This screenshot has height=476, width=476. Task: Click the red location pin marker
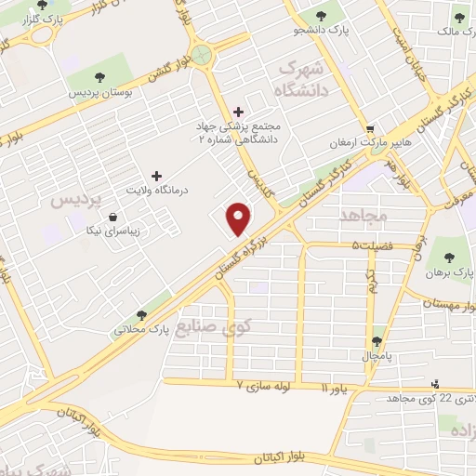tap(240, 218)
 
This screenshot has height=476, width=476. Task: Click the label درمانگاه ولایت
tap(157, 190)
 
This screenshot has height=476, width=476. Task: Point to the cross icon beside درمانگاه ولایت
tap(156, 175)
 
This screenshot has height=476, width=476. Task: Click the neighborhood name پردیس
tap(73, 199)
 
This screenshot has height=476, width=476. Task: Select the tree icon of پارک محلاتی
tap(141, 315)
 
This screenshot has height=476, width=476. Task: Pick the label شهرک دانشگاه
tap(304, 82)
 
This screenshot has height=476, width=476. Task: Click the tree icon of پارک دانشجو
tap(322, 16)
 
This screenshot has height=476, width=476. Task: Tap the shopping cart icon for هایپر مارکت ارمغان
tap(371, 128)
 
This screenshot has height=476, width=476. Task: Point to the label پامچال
tap(377, 355)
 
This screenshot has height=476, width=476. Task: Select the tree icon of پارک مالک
tap(459, 15)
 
